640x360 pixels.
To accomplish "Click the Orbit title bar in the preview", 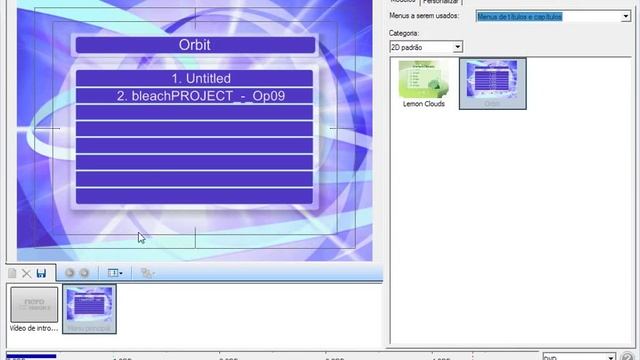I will click(x=195, y=45).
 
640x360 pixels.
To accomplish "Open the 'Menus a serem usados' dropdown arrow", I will click(x=626, y=17).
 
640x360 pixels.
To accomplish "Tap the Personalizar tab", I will click(x=440, y=3).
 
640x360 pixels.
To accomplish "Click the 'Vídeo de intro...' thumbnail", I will click(x=34, y=305).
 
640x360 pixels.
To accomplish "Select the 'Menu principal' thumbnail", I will click(x=89, y=305).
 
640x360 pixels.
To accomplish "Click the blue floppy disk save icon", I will click(x=41, y=272).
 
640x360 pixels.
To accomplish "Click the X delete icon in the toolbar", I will click(x=26, y=272).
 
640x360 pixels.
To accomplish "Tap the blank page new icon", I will click(x=11, y=272).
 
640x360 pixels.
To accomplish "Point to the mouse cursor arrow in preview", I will click(x=140, y=237).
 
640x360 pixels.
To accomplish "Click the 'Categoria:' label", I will click(x=404, y=33).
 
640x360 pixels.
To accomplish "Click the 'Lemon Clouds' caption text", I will click(x=422, y=103).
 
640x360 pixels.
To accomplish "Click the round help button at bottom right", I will click(x=628, y=356).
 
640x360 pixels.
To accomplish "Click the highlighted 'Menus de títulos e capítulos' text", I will click(x=520, y=17).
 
